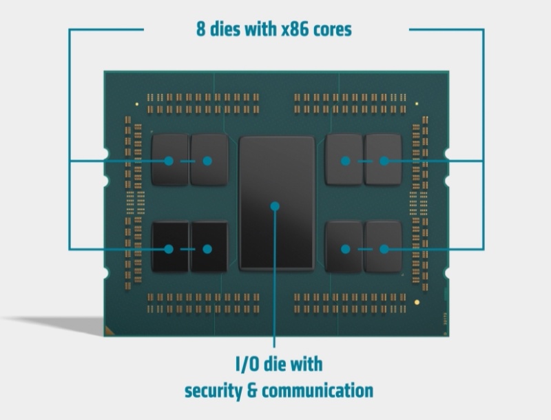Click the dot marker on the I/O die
275,206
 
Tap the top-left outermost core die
169,160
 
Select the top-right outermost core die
383,160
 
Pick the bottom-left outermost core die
169,246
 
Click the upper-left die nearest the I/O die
209,160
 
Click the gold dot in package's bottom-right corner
417,302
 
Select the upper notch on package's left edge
105,150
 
